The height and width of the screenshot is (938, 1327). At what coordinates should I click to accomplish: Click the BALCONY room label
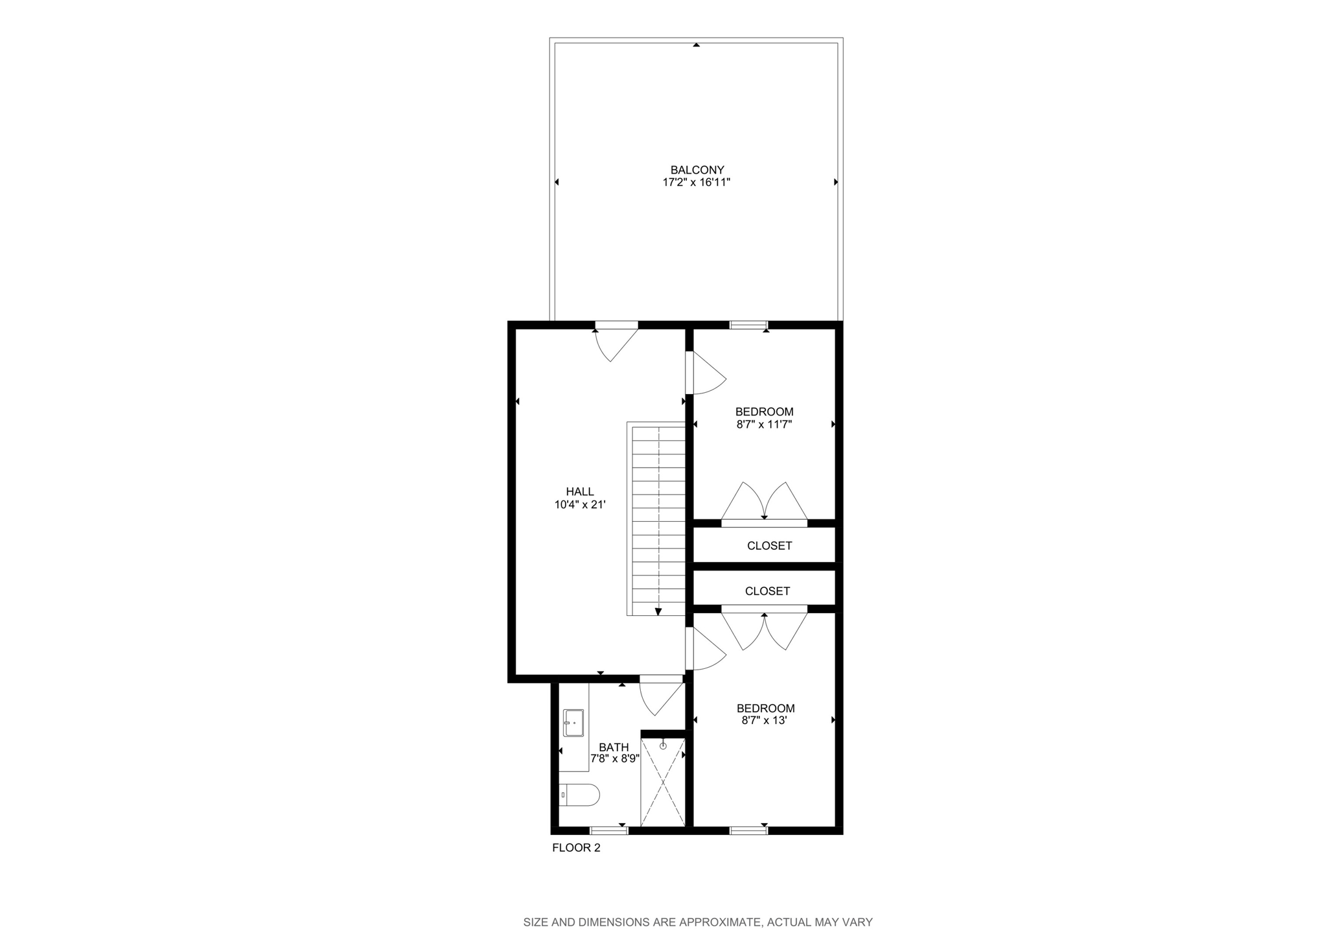tap(697, 170)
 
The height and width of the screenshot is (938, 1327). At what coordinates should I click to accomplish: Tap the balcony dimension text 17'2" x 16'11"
tap(697, 183)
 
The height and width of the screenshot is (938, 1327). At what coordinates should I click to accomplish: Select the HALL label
tap(580, 492)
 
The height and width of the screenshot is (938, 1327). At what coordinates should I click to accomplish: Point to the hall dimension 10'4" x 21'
tap(580, 505)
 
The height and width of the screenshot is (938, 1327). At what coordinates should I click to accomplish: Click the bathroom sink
tap(573, 723)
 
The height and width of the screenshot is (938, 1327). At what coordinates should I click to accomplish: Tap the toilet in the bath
tap(581, 795)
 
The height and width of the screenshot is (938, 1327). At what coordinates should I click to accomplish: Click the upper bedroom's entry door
tap(706, 373)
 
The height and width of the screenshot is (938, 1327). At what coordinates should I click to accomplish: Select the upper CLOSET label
tap(769, 546)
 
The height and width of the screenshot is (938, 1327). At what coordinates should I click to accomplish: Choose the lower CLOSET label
tap(767, 591)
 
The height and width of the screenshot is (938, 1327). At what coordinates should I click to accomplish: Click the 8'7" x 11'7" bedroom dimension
tap(764, 425)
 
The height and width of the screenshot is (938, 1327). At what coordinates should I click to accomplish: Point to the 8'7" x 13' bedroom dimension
tap(764, 720)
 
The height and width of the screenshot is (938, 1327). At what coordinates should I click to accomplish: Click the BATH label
tap(614, 747)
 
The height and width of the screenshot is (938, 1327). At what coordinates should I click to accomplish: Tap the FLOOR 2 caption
tap(576, 848)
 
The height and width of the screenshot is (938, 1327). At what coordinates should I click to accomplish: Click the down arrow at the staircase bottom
tap(658, 611)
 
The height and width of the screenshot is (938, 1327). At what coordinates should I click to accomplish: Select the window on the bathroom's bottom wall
tap(609, 830)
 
